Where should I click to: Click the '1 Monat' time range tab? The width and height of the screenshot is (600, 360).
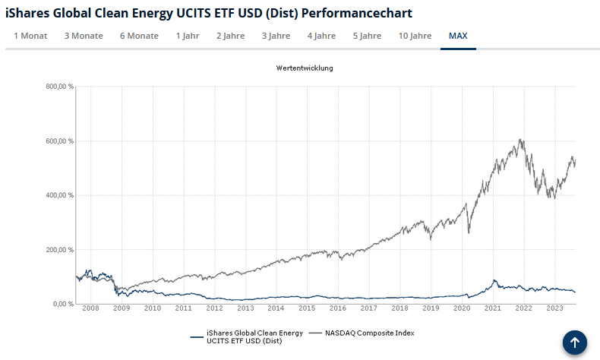tap(30, 36)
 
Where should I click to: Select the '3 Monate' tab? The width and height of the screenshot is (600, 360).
tap(84, 36)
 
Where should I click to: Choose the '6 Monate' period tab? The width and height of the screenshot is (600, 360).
tap(139, 36)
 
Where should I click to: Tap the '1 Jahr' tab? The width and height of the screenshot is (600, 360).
tap(188, 36)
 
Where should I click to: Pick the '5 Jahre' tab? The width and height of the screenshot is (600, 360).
tap(367, 36)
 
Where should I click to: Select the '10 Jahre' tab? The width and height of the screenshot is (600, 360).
tap(415, 36)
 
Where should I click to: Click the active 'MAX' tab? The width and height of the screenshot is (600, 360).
tap(458, 36)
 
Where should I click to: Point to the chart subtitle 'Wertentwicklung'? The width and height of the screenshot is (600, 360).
tap(305, 68)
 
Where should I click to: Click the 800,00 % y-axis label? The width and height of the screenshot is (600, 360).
tap(59, 87)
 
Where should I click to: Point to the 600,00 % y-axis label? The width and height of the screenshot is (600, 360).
tap(59, 141)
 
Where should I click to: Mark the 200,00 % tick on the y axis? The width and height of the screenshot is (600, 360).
tap(59, 250)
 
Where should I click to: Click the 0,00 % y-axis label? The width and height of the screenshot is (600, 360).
tap(62, 304)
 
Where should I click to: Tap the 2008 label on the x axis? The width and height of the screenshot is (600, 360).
tap(90, 308)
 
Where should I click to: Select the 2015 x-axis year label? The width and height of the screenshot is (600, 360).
tap(307, 308)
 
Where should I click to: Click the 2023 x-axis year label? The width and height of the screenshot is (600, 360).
tap(554, 308)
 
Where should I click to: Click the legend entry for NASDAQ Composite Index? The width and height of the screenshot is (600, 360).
tap(369, 333)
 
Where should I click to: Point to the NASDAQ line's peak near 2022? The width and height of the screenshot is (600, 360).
tap(520, 140)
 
